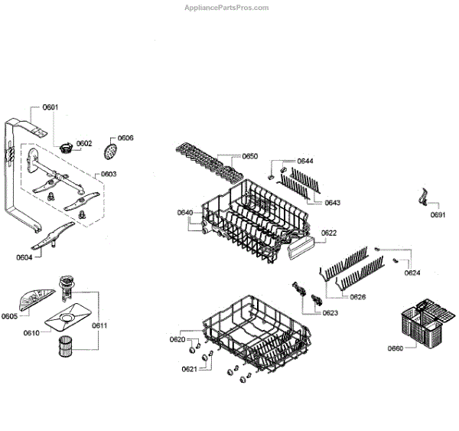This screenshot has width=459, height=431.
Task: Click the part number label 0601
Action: click(x=50, y=108)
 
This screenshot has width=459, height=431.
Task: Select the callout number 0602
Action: click(x=83, y=143)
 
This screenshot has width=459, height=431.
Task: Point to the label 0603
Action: click(x=108, y=175)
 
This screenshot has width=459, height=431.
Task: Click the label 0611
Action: click(x=99, y=325)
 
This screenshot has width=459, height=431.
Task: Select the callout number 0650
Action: click(x=249, y=156)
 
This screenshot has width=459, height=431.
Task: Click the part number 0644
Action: click(x=305, y=162)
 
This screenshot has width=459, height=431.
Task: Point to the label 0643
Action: click(x=332, y=203)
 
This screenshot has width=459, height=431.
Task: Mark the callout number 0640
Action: click(x=185, y=212)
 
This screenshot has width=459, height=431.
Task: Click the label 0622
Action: click(x=329, y=233)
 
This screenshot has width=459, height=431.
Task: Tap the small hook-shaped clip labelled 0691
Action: click(x=422, y=199)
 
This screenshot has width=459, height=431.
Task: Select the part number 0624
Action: click(x=412, y=273)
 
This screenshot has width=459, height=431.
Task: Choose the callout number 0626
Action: click(x=357, y=296)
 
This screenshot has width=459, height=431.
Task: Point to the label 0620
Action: click(x=177, y=339)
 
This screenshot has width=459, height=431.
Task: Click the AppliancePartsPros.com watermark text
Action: click(x=227, y=8)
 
